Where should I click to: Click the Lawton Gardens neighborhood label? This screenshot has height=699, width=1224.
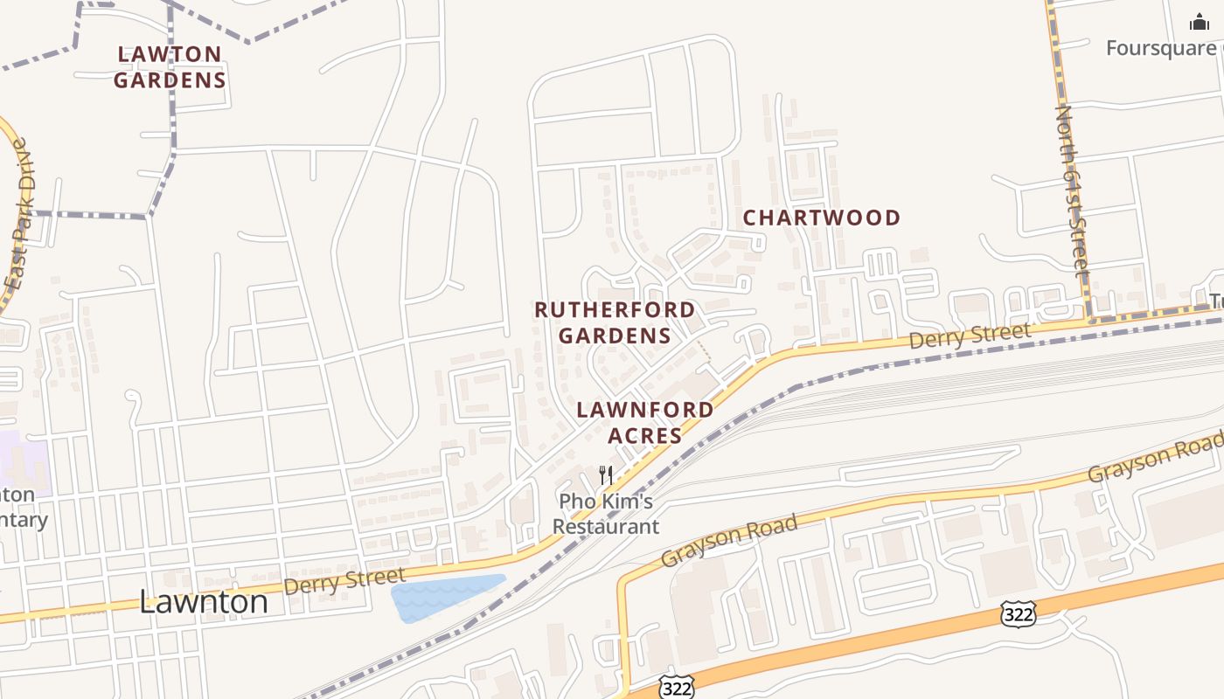(x=170, y=67)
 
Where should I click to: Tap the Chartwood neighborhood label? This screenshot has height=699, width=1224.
(x=822, y=218)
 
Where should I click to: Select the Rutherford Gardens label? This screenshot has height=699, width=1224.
(x=615, y=322)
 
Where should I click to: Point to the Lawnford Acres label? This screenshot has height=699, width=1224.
(x=644, y=422)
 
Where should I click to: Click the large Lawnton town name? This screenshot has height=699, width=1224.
(x=204, y=601)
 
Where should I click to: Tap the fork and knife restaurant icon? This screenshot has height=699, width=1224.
(x=605, y=475)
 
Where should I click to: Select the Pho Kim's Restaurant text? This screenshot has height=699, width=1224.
(x=606, y=515)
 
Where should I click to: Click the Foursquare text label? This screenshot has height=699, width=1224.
(x=1160, y=48)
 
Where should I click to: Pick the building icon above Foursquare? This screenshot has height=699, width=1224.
(x=1199, y=22)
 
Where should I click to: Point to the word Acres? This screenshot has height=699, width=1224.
(x=644, y=435)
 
